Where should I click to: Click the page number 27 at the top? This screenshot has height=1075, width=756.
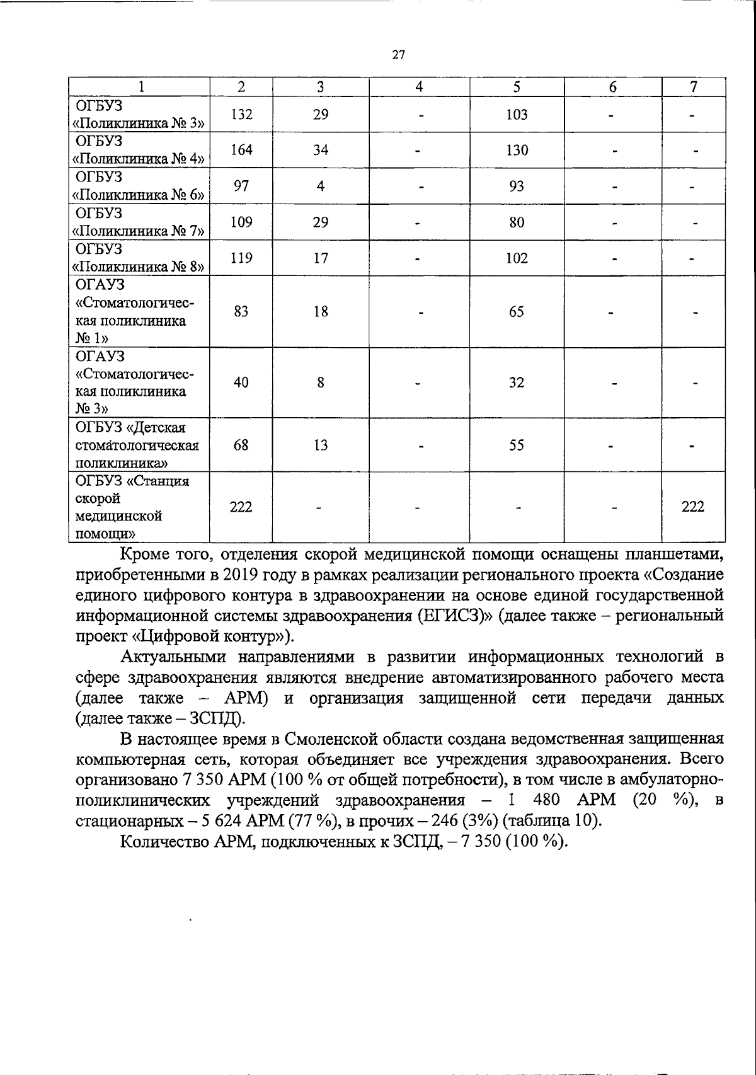click(398, 55)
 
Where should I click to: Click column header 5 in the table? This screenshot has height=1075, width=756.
click(517, 88)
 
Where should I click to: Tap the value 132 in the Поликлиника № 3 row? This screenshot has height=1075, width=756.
click(241, 115)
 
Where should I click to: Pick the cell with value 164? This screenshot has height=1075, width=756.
click(241, 150)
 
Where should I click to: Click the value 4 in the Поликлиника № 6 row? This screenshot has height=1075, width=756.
click(321, 187)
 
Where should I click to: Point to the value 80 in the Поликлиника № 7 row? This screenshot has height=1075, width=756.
click(517, 222)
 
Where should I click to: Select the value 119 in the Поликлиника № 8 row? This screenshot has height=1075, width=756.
click(241, 258)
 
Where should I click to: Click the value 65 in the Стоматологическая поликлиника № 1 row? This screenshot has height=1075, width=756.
click(517, 312)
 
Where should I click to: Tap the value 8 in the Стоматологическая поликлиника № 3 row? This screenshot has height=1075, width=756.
click(321, 382)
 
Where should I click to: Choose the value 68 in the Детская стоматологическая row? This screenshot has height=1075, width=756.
click(241, 446)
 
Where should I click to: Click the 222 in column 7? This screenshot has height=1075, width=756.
click(693, 507)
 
